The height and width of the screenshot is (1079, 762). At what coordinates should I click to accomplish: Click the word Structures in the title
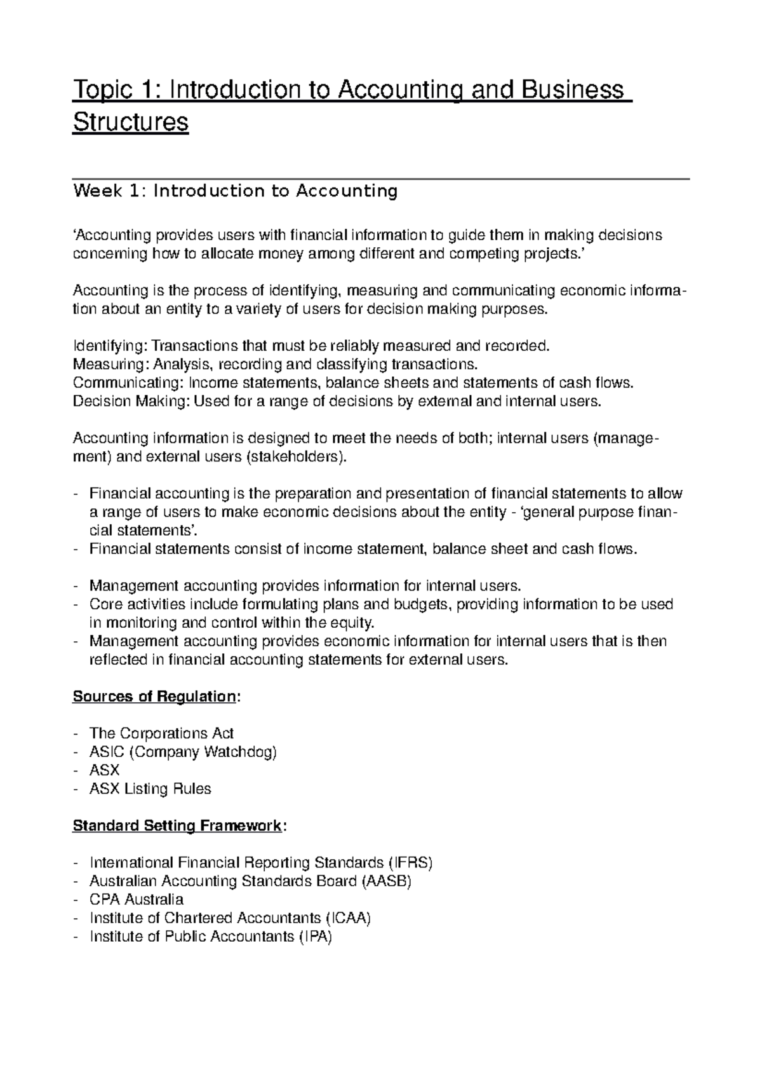(x=131, y=122)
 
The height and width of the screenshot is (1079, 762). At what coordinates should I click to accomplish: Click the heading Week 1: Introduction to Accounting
(x=235, y=191)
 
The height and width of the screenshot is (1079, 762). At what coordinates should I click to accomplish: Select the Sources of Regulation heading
(x=155, y=696)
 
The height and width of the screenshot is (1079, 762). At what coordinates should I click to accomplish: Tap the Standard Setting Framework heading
(x=177, y=826)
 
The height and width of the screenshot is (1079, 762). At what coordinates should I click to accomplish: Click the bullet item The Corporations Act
(x=162, y=733)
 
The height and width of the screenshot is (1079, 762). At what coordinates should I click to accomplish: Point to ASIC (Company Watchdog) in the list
(x=184, y=752)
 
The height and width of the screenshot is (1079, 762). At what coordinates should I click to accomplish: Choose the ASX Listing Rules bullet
(x=150, y=789)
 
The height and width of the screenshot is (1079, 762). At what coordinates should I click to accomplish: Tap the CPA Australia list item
(x=137, y=899)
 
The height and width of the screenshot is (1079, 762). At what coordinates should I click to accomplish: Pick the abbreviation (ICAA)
(x=348, y=918)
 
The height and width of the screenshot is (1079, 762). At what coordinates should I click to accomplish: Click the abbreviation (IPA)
(x=315, y=936)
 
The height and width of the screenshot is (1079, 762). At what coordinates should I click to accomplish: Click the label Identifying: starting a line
(x=110, y=346)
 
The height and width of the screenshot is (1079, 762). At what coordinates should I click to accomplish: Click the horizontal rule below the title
(x=381, y=180)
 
